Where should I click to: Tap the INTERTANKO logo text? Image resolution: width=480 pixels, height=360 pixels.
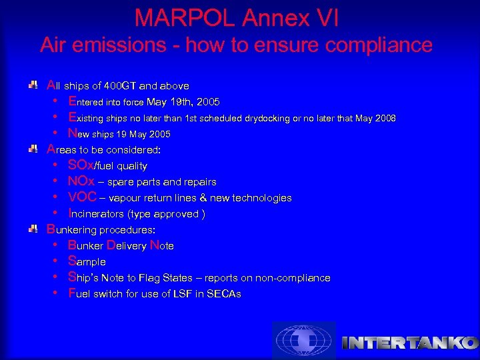click(409, 343)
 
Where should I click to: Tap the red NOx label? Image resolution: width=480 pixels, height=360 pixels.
click(81, 181)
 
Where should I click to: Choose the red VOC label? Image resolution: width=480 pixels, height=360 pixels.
click(83, 197)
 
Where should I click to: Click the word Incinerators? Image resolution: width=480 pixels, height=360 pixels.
click(101, 214)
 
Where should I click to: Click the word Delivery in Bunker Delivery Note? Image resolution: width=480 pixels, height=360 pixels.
click(126, 246)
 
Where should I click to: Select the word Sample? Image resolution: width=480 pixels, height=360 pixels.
click(87, 262)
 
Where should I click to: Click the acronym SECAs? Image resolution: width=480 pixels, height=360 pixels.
click(225, 294)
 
